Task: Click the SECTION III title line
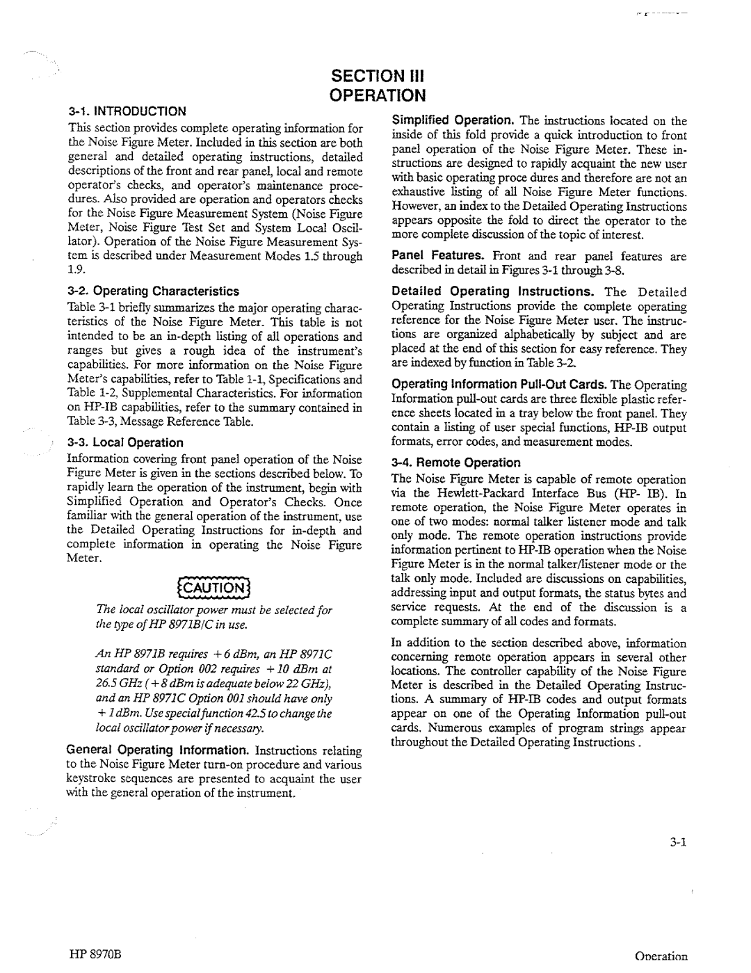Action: point(376,75)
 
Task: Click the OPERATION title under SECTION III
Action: point(376,95)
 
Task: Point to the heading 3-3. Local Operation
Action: point(126,442)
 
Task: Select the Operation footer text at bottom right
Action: point(660,956)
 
